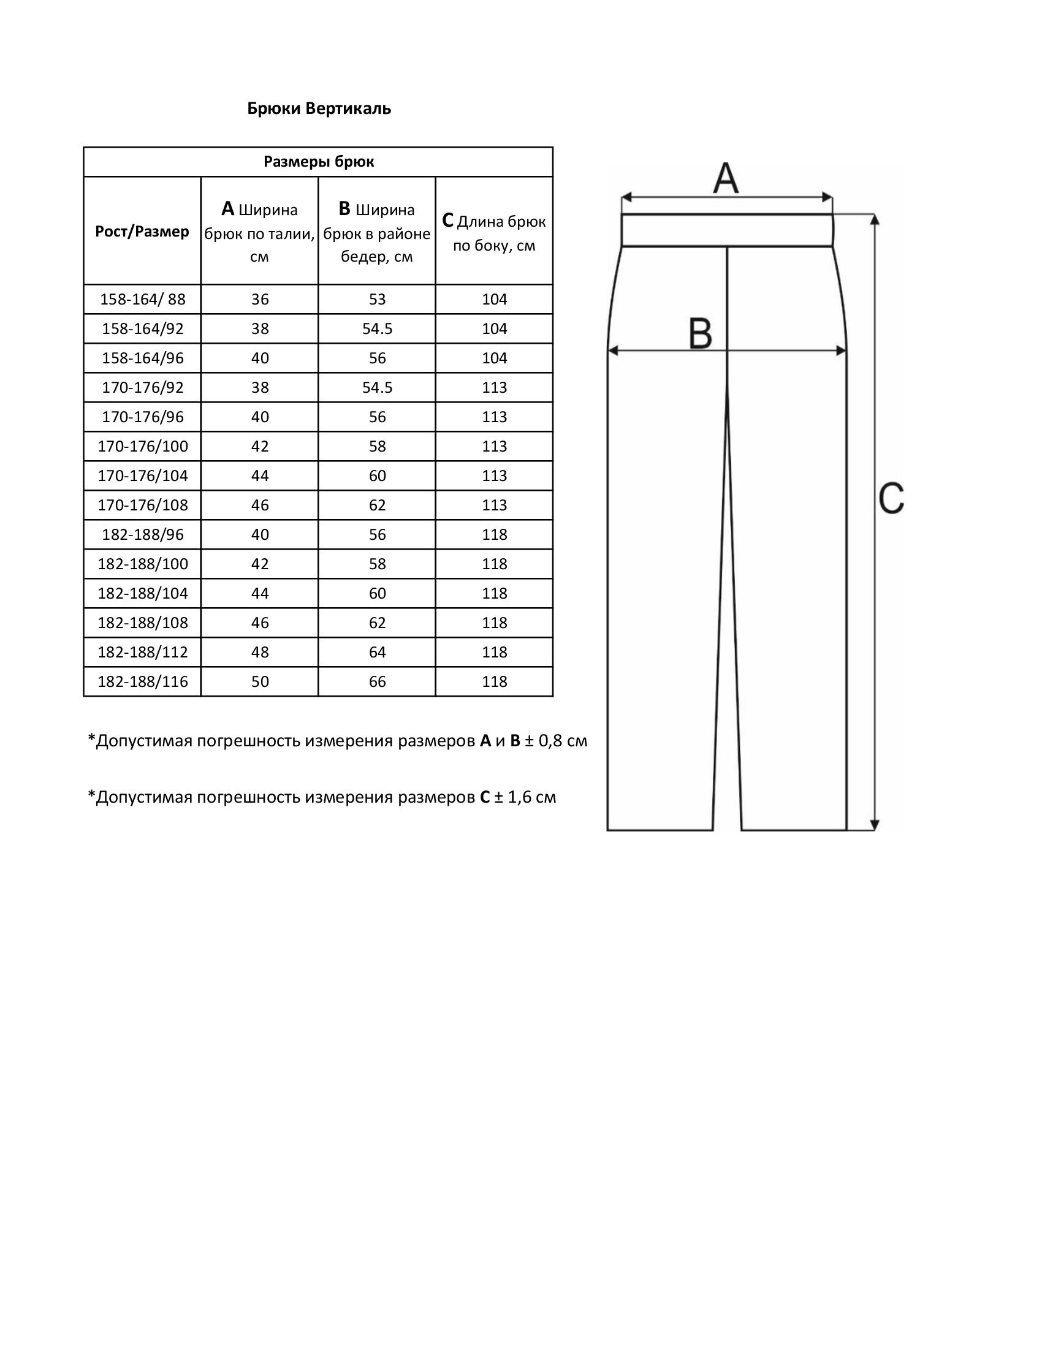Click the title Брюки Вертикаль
(319, 108)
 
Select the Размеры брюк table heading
(319, 162)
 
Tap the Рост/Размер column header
(142, 232)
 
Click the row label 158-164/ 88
(143, 300)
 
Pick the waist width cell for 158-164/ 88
(260, 300)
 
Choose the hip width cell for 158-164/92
(377, 329)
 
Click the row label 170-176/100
(143, 446)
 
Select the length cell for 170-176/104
(495, 476)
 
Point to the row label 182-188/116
(143, 681)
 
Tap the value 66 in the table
(377, 681)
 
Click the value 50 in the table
(260, 681)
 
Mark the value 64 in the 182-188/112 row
(377, 653)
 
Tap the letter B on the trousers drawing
(700, 335)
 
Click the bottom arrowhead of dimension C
(874, 825)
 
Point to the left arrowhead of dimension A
(625, 197)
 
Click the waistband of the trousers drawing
(726, 230)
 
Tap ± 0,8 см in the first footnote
(555, 741)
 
